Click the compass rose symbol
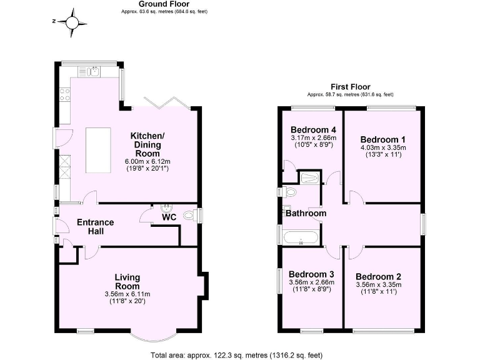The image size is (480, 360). (x=74, y=21)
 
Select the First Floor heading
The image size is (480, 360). (x=350, y=87)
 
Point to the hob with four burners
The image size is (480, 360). (x=64, y=95)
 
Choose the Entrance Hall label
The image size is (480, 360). (x=95, y=226)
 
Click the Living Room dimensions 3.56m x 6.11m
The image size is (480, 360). (x=127, y=294)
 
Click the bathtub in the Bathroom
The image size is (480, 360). (x=301, y=238)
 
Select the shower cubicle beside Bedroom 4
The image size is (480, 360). (x=309, y=179)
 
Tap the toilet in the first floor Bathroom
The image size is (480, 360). (x=289, y=192)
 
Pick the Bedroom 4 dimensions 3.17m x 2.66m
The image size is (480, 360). (x=313, y=138)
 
